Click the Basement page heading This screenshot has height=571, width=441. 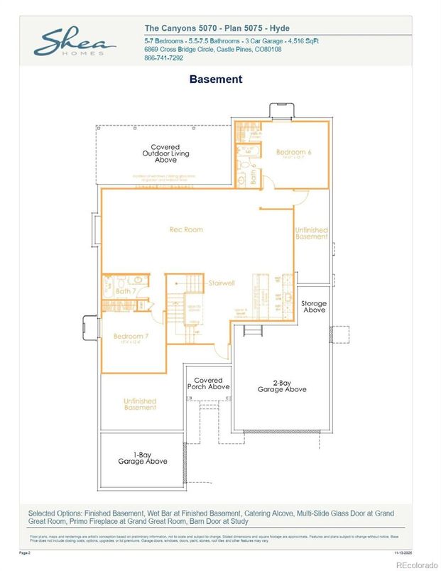point(215,80)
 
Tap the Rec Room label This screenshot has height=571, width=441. point(186,229)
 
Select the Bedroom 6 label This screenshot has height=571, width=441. point(291,153)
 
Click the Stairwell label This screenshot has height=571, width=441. point(221,283)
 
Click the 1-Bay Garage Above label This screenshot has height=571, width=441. point(143,457)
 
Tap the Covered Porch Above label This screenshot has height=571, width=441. point(208,384)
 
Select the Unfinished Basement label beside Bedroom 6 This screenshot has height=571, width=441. point(311,234)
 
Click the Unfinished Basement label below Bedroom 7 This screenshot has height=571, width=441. point(139,403)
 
